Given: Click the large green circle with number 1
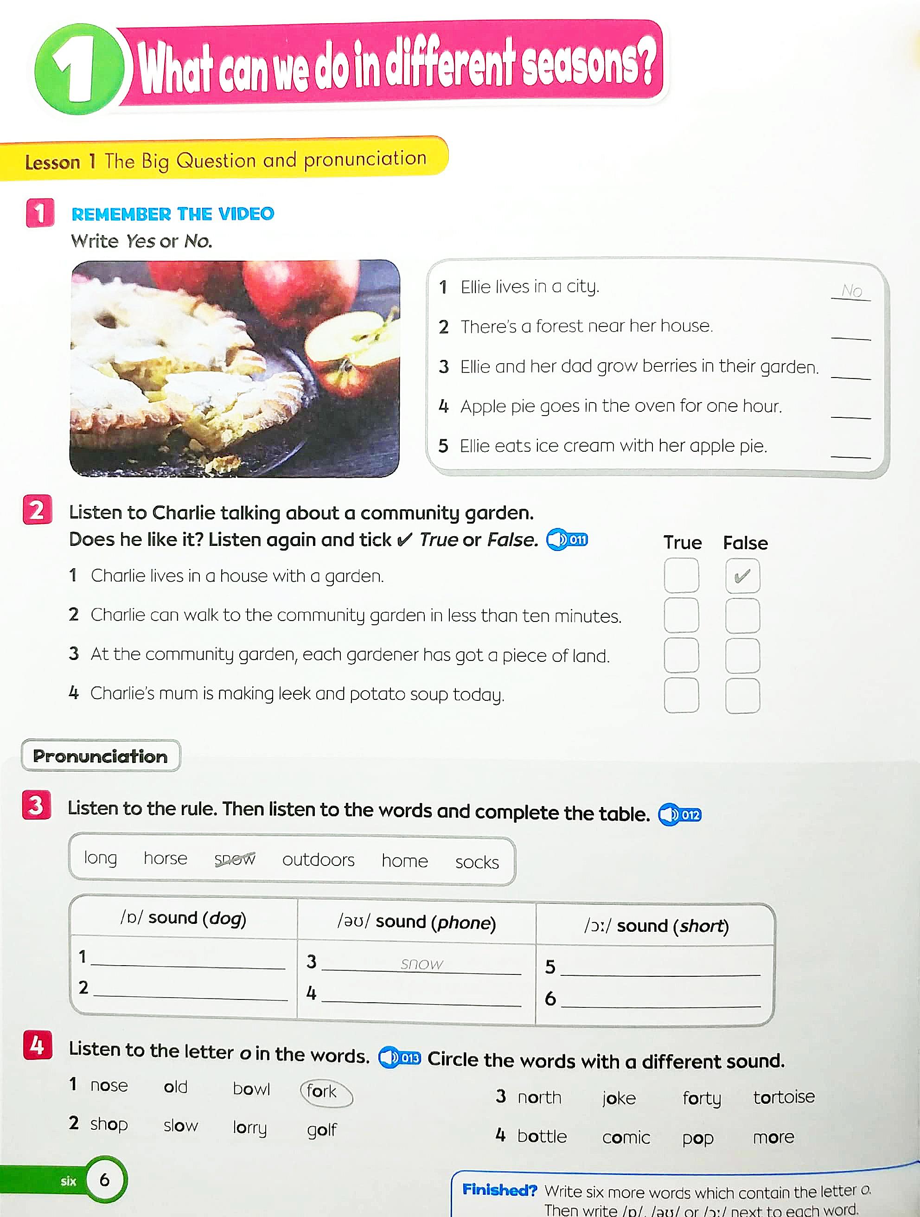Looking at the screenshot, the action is (x=79, y=68).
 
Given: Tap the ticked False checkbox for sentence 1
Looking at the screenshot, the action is (x=742, y=576).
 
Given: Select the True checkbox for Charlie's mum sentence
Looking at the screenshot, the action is (x=681, y=695).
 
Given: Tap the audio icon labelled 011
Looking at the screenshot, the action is (x=567, y=539).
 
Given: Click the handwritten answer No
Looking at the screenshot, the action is (x=851, y=290).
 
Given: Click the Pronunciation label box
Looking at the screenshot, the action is (x=101, y=756).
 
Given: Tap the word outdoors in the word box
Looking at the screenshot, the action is (x=318, y=859).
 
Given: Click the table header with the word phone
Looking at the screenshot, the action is (x=416, y=922).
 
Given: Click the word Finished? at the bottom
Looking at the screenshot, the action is (x=499, y=1190).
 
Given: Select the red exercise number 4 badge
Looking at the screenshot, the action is (x=38, y=1045).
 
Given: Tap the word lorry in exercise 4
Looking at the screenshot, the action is (x=250, y=1128).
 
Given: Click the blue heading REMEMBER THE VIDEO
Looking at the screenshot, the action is (x=173, y=213).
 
